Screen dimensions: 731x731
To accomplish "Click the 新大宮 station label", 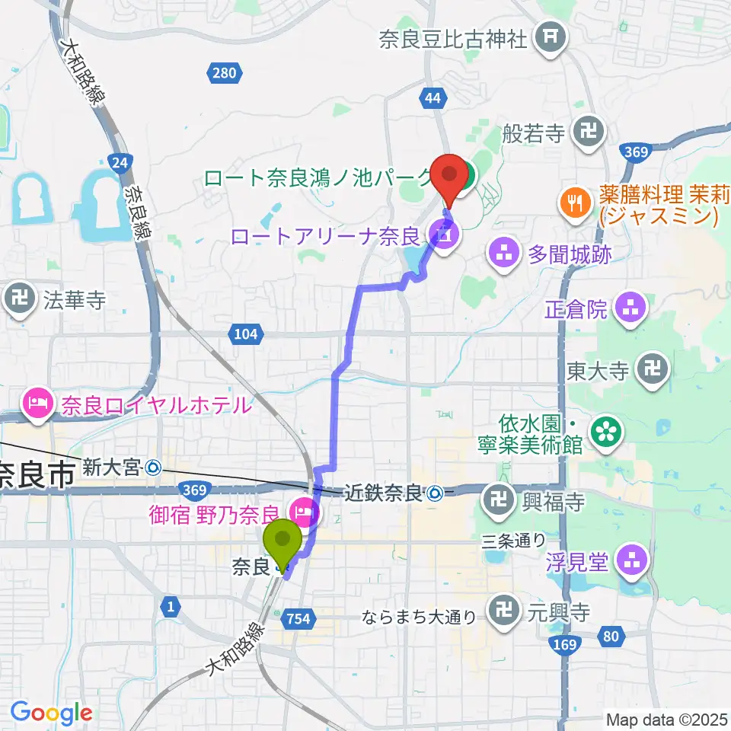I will (x=112, y=467).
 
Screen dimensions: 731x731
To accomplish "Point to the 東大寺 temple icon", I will (x=653, y=370).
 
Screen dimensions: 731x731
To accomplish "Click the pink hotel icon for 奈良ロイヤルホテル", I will (x=37, y=405).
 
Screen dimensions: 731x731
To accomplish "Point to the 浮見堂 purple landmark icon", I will (x=631, y=562).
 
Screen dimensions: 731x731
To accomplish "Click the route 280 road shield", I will (x=225, y=73).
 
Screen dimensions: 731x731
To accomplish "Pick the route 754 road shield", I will (x=299, y=619).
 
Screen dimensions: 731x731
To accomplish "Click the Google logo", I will (x=51, y=713).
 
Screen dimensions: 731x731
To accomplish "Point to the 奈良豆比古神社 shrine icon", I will (x=550, y=38).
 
